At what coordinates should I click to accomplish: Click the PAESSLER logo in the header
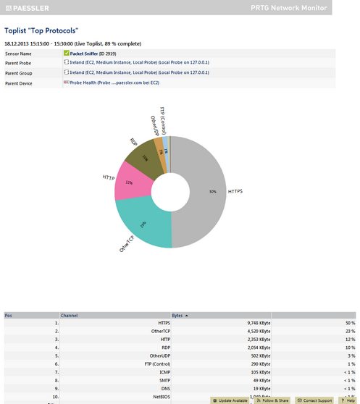point(32,7)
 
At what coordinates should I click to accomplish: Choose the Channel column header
point(70,316)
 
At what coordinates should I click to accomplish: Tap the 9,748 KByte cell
point(257,322)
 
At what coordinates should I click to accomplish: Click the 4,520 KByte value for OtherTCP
point(257,331)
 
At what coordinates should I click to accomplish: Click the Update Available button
point(230,400)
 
